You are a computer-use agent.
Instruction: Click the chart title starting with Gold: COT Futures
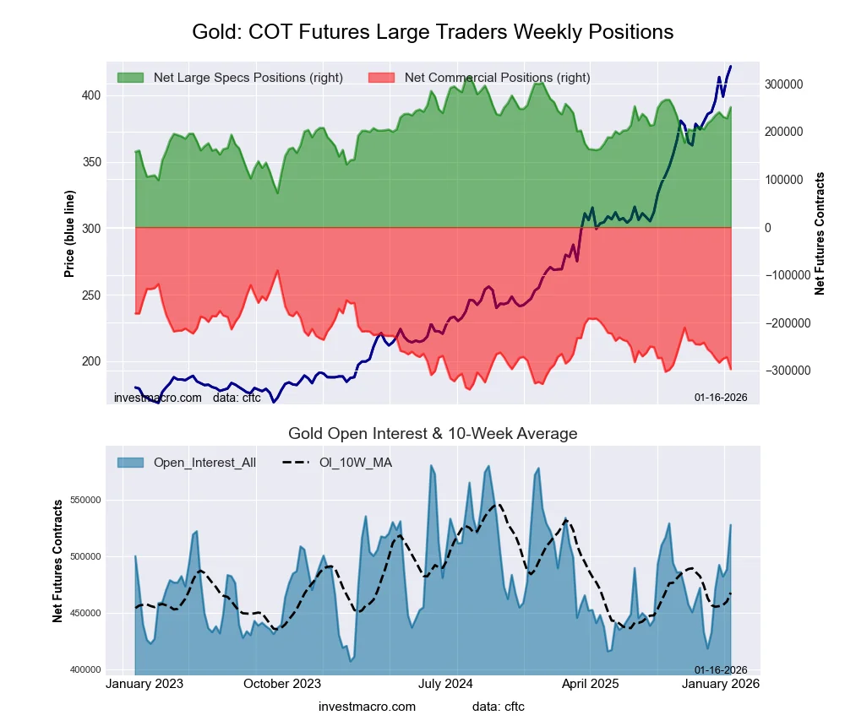pos(433,32)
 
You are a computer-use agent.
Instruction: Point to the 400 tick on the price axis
pos(90,95)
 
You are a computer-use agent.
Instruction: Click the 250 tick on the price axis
pos(90,295)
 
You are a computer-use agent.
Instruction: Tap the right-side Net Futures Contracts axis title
pos(820,233)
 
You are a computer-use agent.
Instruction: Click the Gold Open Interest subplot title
pos(433,434)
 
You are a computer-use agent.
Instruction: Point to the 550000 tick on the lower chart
pos(84,500)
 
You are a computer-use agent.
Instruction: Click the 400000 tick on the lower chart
pos(84,670)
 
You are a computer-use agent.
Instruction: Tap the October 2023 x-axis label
pos(282,684)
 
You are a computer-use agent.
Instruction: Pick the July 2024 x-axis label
pos(445,684)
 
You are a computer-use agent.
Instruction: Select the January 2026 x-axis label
pos(719,684)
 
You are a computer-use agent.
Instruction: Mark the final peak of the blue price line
pos(730,67)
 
